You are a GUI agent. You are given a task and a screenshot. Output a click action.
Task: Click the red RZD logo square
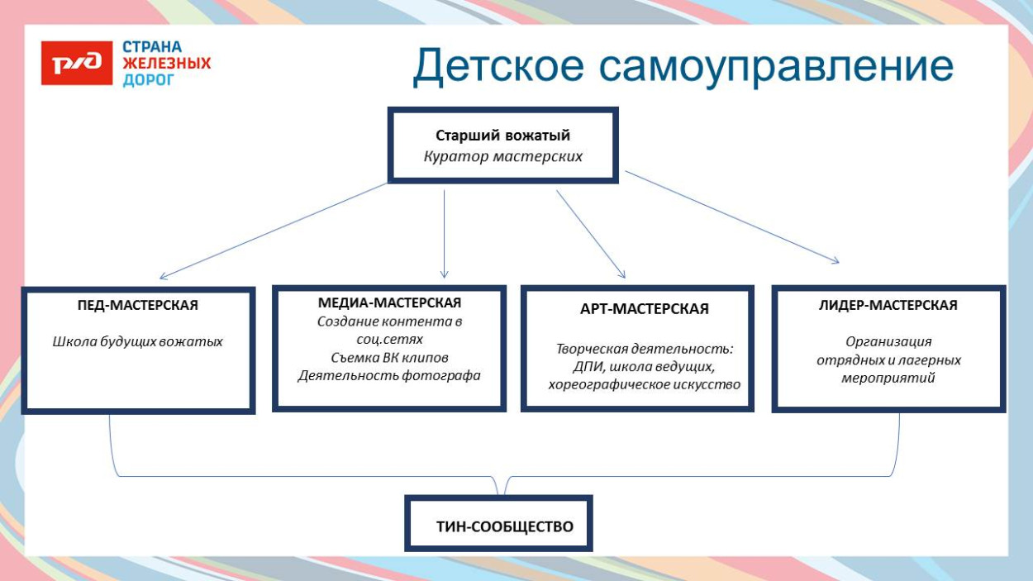pyautogui.click(x=77, y=63)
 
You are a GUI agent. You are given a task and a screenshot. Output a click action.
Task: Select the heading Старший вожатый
pyautogui.click(x=502, y=136)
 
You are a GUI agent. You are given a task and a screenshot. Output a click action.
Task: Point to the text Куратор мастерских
pyautogui.click(x=502, y=156)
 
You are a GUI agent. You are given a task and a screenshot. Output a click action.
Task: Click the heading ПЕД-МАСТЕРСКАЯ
pyautogui.click(x=137, y=305)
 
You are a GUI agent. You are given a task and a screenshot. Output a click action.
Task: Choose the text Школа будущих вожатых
pyautogui.click(x=137, y=341)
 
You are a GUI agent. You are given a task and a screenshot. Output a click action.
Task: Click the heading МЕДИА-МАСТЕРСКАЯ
pyautogui.click(x=389, y=302)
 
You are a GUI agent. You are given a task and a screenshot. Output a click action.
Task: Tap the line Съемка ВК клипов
pyautogui.click(x=389, y=357)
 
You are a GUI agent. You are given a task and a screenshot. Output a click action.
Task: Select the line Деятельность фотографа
pyautogui.click(x=389, y=375)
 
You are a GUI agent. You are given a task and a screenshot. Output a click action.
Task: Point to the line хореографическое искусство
pyautogui.click(x=644, y=384)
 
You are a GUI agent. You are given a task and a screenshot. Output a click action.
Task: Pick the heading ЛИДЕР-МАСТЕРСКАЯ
pyautogui.click(x=888, y=305)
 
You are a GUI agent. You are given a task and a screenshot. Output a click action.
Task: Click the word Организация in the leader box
pyautogui.click(x=888, y=341)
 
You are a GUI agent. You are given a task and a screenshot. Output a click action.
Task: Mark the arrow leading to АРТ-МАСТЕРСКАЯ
pyautogui.click(x=590, y=234)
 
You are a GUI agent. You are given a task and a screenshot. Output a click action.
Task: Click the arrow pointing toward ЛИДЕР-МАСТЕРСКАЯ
pyautogui.click(x=732, y=217)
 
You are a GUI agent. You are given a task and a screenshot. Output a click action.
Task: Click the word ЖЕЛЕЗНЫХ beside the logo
pyautogui.click(x=166, y=63)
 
